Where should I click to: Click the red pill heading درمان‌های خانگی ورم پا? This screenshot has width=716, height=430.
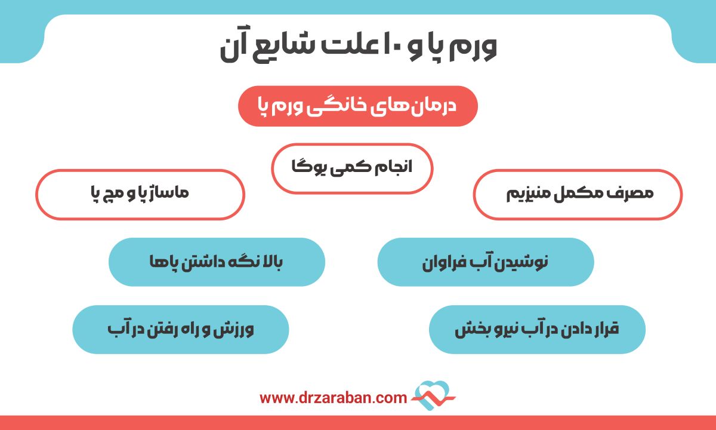tap(358, 106)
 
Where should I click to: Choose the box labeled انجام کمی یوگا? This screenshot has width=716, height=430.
tap(352, 168)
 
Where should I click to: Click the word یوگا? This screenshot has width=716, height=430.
tap(310, 168)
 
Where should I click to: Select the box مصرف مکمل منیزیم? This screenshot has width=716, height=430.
tap(577, 195)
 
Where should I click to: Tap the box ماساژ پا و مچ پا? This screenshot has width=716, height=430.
tap(140, 195)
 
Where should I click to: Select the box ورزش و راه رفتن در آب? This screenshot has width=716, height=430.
tap(180, 329)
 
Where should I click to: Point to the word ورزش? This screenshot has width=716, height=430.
tap(238, 329)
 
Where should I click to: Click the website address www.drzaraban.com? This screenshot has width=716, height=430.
tap(334, 397)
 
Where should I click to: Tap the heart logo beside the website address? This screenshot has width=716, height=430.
tap(434, 395)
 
